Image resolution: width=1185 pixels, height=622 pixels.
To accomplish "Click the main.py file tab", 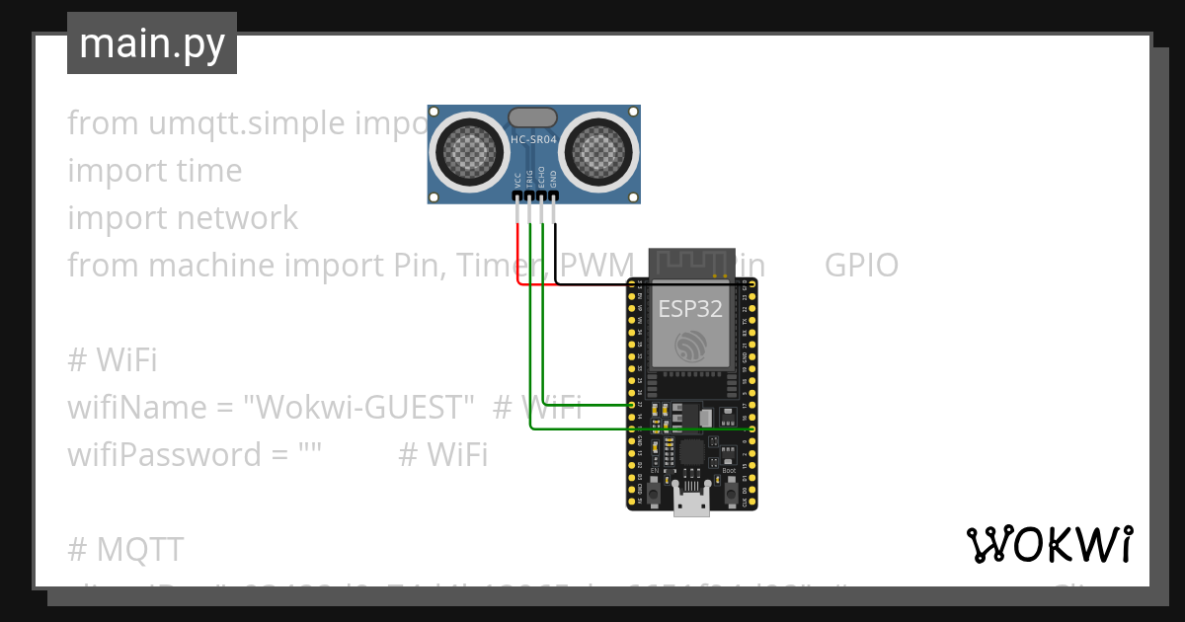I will (152, 43).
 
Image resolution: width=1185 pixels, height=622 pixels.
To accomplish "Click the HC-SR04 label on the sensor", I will (533, 140).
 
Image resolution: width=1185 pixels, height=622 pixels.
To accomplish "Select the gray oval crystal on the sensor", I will (533, 117).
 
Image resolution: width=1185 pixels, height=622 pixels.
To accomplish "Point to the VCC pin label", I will (517, 180).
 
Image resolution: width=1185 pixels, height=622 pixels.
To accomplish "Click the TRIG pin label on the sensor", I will (529, 180).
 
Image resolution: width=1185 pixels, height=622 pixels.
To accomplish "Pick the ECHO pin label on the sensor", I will (541, 180).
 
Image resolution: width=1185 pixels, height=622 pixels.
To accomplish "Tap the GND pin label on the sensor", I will (553, 180).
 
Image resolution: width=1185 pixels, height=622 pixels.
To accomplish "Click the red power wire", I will (517, 252).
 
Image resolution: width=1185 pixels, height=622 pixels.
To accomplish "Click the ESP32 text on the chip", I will (690, 308).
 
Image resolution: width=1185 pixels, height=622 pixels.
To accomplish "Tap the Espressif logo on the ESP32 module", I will (690, 345).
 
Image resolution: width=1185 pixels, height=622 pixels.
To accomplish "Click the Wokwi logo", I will (1049, 544).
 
